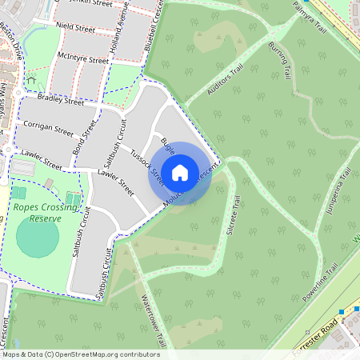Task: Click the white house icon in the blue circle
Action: pos(180,173)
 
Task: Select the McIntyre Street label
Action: pos(82,59)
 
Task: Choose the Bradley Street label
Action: pos(60,101)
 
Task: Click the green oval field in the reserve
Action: pos(38,237)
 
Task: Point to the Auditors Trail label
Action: pos(224,81)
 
